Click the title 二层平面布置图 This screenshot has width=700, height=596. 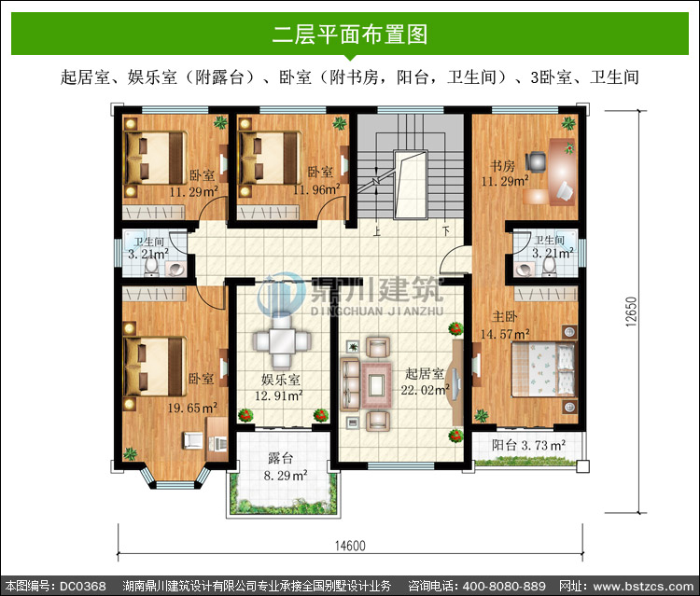click(x=350, y=35)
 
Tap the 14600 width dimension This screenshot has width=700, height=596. click(x=350, y=546)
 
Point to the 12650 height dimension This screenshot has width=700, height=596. click(x=631, y=312)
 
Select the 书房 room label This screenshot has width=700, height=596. click(x=503, y=166)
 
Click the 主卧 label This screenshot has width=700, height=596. click(x=504, y=317)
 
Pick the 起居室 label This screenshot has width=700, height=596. click(x=424, y=374)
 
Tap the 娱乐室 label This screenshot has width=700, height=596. click(x=280, y=380)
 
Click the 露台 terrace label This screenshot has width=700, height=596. click(x=280, y=458)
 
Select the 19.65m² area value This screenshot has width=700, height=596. click(x=192, y=408)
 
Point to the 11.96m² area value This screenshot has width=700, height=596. click(x=316, y=189)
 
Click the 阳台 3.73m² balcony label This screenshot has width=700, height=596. click(x=528, y=445)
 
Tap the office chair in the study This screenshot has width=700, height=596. click(x=536, y=161)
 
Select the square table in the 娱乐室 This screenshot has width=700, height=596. click(x=281, y=341)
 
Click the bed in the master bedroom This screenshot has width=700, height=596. click(x=543, y=369)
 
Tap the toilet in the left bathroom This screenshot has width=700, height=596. click(x=151, y=267)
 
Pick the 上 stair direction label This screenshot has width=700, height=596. click(x=377, y=231)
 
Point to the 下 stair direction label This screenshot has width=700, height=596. click(x=445, y=230)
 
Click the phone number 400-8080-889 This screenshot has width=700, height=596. click(x=504, y=586)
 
